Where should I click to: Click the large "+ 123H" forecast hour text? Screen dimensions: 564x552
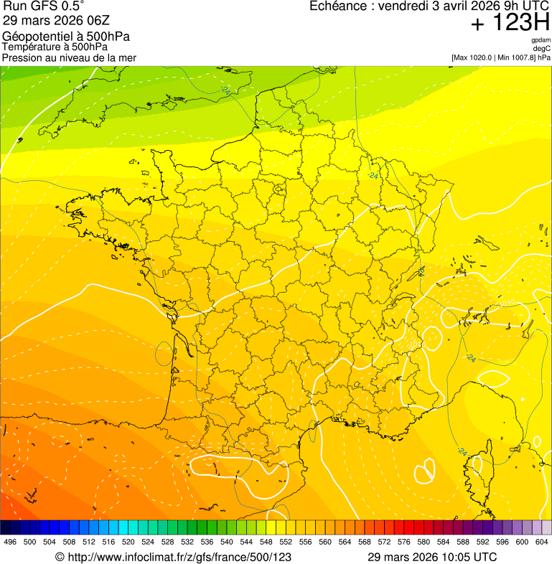pyautogui.click(x=510, y=24)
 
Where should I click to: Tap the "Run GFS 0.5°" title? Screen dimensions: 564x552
pyautogui.click(x=44, y=6)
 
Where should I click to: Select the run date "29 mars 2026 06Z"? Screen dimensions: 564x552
pyautogui.click(x=56, y=20)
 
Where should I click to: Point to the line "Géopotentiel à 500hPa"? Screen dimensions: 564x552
pyautogui.click(x=66, y=37)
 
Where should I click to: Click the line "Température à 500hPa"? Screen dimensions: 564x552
pyautogui.click(x=55, y=47)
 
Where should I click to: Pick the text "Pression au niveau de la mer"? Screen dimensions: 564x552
pyautogui.click(x=69, y=57)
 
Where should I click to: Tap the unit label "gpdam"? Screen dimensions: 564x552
pyautogui.click(x=541, y=40)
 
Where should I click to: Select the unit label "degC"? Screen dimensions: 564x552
pyautogui.click(x=542, y=49)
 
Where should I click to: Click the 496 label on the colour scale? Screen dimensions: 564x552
pyautogui.click(x=10, y=542)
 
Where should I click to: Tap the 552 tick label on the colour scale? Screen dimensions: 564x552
pyautogui.click(x=286, y=542)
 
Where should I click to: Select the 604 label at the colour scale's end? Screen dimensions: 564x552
pyautogui.click(x=542, y=542)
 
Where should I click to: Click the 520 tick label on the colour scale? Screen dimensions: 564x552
pyautogui.click(x=128, y=542)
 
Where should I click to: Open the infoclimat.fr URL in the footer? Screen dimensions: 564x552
pyautogui.click(x=179, y=557)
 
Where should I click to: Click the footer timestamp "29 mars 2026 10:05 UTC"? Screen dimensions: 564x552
pyautogui.click(x=432, y=557)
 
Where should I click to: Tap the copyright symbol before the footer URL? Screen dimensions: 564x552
pyautogui.click(x=60, y=557)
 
